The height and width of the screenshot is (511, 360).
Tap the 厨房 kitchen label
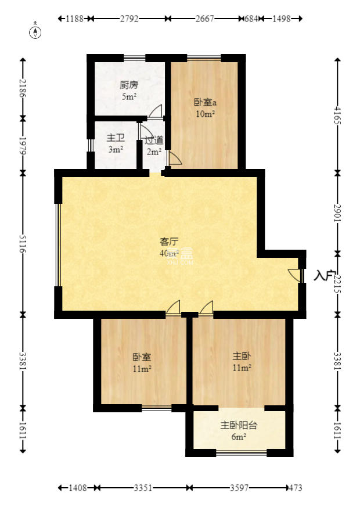tap(129, 85)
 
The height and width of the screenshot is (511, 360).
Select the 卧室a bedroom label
tap(205, 102)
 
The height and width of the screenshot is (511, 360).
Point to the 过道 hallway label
tap(154, 140)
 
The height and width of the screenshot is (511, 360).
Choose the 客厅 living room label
tap(169, 242)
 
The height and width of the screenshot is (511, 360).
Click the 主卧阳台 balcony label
tap(239, 425)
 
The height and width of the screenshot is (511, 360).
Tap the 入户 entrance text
tap(324, 275)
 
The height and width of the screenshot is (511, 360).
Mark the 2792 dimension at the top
tap(129, 19)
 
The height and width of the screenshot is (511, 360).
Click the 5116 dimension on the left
tap(23, 243)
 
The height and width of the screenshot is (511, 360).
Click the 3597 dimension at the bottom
tap(239, 488)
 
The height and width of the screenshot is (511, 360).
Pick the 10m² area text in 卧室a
tap(205, 114)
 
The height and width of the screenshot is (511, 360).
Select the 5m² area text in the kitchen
tap(129, 97)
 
